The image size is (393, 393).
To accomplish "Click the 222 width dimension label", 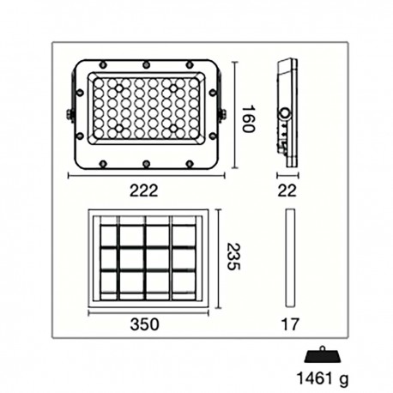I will pyautogui.click(x=145, y=192).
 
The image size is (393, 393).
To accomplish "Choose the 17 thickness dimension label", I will pyautogui.click(x=291, y=325).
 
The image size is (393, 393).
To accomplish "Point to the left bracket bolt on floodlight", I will pyautogui.click(x=70, y=113).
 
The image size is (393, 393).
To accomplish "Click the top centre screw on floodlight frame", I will pyautogui.click(x=146, y=63).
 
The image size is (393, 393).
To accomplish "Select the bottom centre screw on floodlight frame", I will pyautogui.click(x=146, y=162).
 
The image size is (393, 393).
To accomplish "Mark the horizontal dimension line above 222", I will pyautogui.click(x=145, y=177).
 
